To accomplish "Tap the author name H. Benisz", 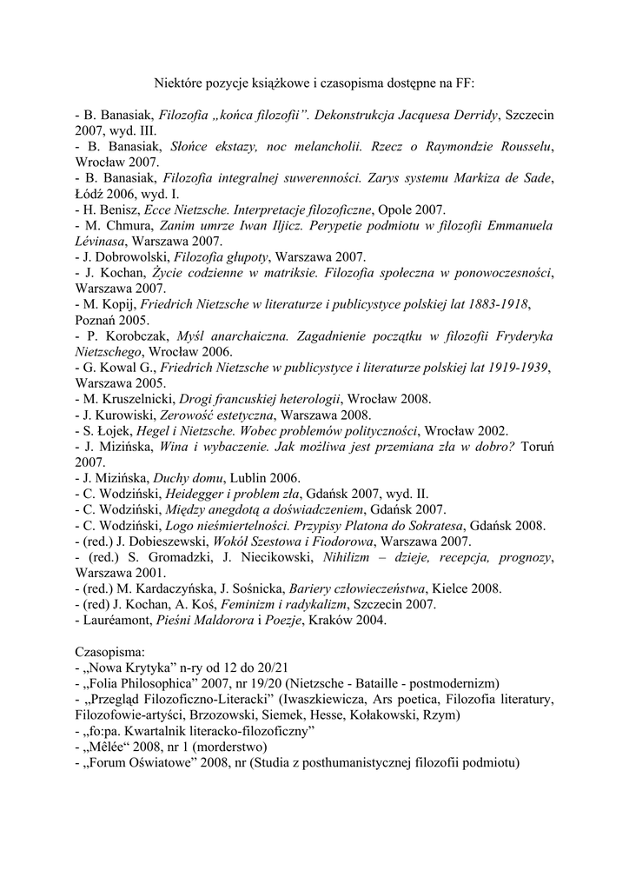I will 115,209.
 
